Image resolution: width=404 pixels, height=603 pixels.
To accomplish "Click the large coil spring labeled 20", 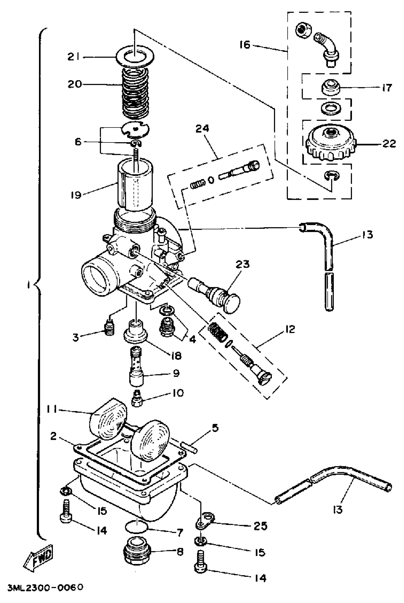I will coord(135,92).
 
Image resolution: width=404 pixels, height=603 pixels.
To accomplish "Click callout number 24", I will coord(202,128).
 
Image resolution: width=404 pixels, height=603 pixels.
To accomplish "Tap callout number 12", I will coord(290,329).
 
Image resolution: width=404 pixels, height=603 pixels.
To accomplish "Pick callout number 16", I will coord(245,45).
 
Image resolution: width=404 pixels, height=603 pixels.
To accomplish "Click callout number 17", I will coord(387,88).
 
